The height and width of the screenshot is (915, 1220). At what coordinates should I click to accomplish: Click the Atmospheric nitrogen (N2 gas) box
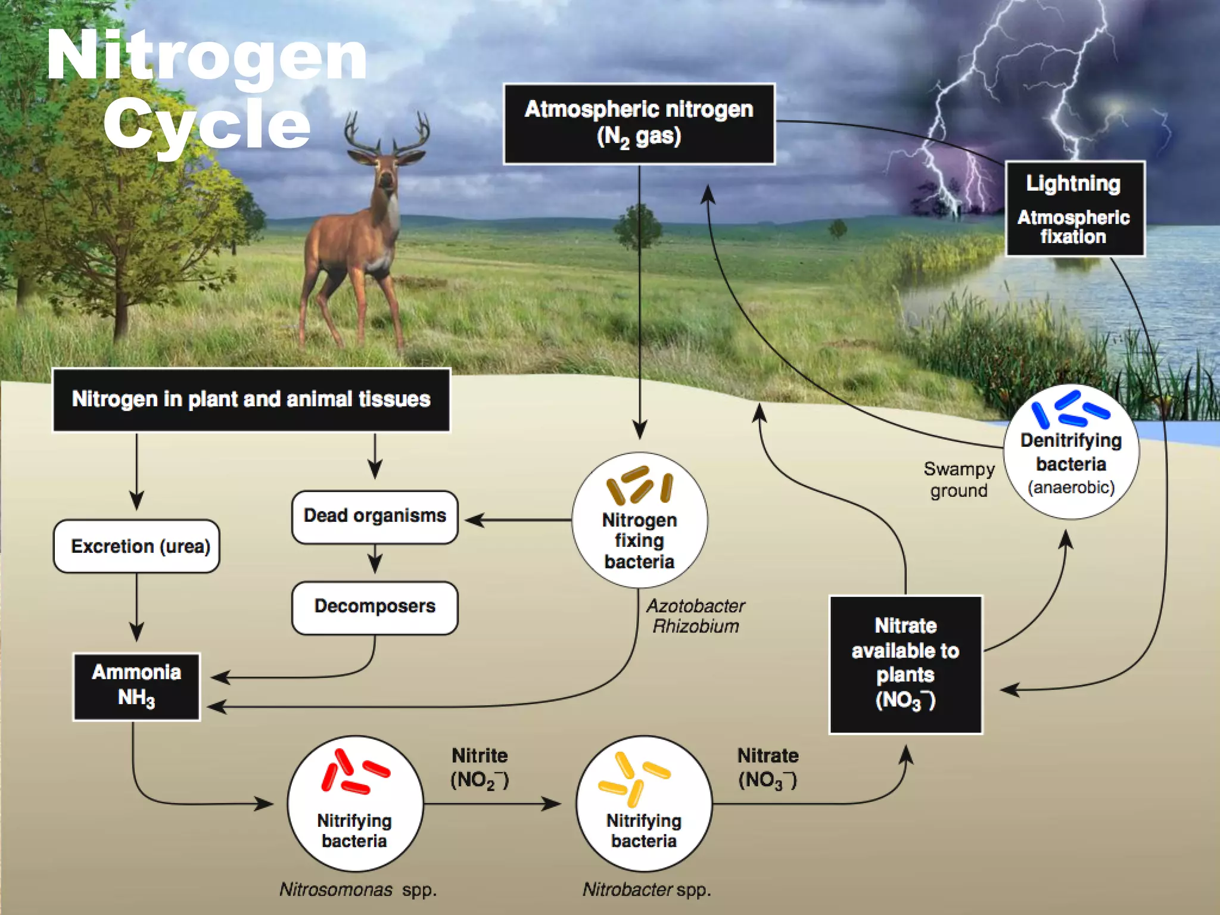(x=639, y=123)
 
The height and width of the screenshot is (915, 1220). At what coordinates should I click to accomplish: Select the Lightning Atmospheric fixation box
(x=1074, y=208)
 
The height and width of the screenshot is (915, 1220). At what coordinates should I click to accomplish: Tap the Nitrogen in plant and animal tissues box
(x=251, y=399)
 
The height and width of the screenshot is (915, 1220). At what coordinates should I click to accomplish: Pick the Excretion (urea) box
(x=137, y=546)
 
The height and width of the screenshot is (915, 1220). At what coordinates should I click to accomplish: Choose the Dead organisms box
(x=375, y=516)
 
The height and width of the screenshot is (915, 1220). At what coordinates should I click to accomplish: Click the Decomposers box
(x=375, y=607)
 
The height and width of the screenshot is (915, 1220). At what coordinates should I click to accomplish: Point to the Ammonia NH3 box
(x=136, y=686)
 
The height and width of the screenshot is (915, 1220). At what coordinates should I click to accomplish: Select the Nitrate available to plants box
(x=905, y=664)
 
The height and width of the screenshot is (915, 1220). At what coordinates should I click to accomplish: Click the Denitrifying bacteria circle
(x=1071, y=452)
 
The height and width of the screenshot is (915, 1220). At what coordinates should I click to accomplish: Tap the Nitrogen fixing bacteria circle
(x=639, y=520)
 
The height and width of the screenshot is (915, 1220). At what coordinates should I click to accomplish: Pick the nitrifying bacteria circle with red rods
(x=355, y=804)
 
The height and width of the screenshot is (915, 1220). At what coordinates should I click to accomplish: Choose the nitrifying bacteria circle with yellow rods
(x=644, y=804)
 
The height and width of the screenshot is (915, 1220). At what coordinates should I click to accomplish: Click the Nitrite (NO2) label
(x=480, y=768)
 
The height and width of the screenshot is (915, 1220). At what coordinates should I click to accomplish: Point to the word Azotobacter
(x=695, y=606)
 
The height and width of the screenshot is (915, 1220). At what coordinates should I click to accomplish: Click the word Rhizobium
(x=695, y=627)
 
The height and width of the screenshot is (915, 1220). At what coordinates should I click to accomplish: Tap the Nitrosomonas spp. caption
(x=358, y=890)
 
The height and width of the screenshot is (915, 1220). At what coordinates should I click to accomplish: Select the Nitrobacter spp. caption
(x=646, y=890)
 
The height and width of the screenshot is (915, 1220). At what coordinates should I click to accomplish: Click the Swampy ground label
(x=958, y=480)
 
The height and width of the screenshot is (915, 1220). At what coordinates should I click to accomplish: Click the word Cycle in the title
(x=207, y=124)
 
